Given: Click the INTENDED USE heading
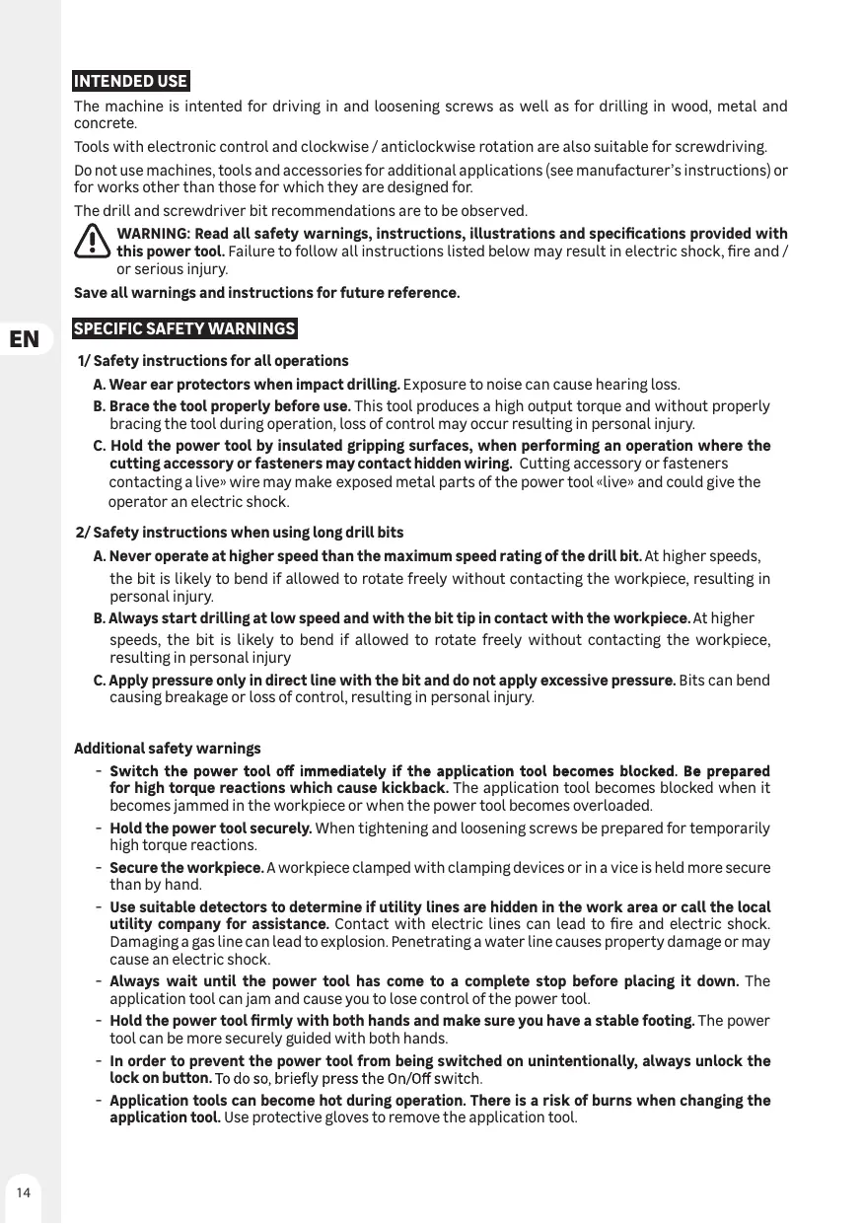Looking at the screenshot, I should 131,81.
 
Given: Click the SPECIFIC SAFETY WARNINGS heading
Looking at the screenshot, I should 184,328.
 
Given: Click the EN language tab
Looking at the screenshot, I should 25,340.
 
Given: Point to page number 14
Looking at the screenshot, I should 23,1192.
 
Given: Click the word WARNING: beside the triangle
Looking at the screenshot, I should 154,234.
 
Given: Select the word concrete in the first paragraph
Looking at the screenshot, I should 105,124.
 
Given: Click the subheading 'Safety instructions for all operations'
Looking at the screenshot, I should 220,361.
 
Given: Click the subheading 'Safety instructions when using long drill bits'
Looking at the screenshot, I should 248,534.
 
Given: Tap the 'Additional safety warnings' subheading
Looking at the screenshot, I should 168,749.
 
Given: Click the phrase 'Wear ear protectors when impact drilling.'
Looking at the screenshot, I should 253,384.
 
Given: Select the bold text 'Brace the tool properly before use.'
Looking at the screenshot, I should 229,406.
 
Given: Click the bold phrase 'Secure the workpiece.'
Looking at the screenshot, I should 186,868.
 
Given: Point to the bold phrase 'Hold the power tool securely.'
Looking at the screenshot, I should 211,828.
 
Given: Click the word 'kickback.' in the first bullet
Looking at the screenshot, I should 417,788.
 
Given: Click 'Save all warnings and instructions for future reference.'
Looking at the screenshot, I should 266,294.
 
